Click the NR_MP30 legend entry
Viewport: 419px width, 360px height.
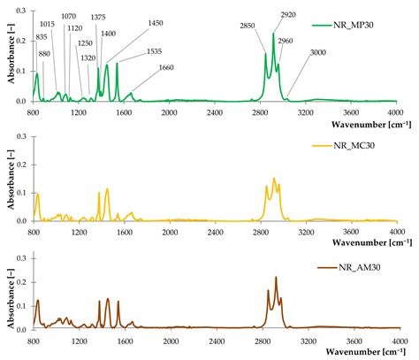(362, 24)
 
